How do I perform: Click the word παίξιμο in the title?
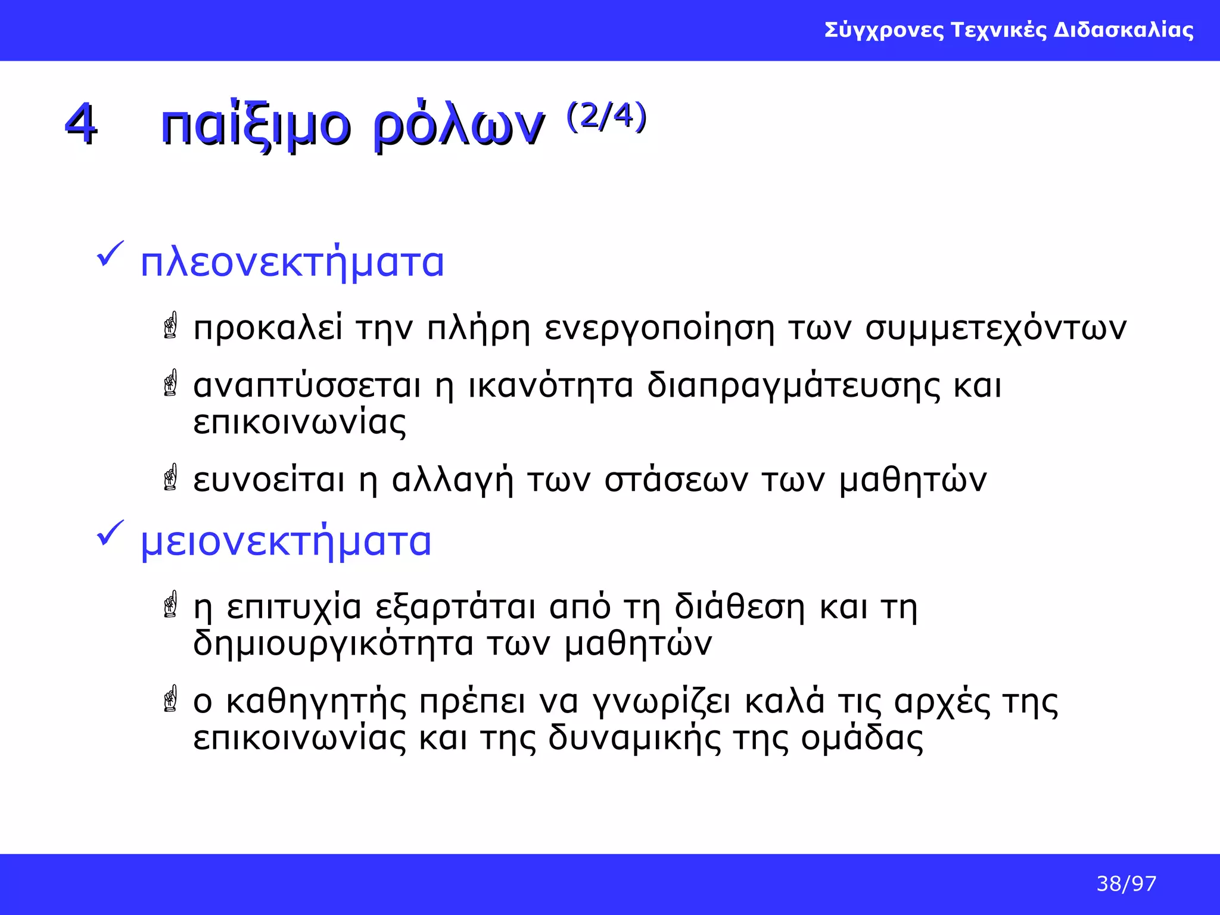(x=256, y=126)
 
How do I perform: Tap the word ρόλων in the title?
(x=459, y=126)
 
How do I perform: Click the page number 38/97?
(x=1126, y=883)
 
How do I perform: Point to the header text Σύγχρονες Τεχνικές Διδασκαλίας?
(x=1009, y=30)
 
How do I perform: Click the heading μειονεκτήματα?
(x=286, y=541)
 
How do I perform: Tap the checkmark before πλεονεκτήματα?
(x=110, y=254)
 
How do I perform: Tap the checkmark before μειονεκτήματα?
(x=110, y=533)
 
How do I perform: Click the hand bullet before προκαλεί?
(x=171, y=325)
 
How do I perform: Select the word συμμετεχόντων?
(x=995, y=329)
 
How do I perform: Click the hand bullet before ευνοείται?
(x=171, y=477)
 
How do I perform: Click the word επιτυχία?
(x=294, y=608)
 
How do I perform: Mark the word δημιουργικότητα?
(x=333, y=644)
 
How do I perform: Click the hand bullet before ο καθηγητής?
(x=171, y=699)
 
